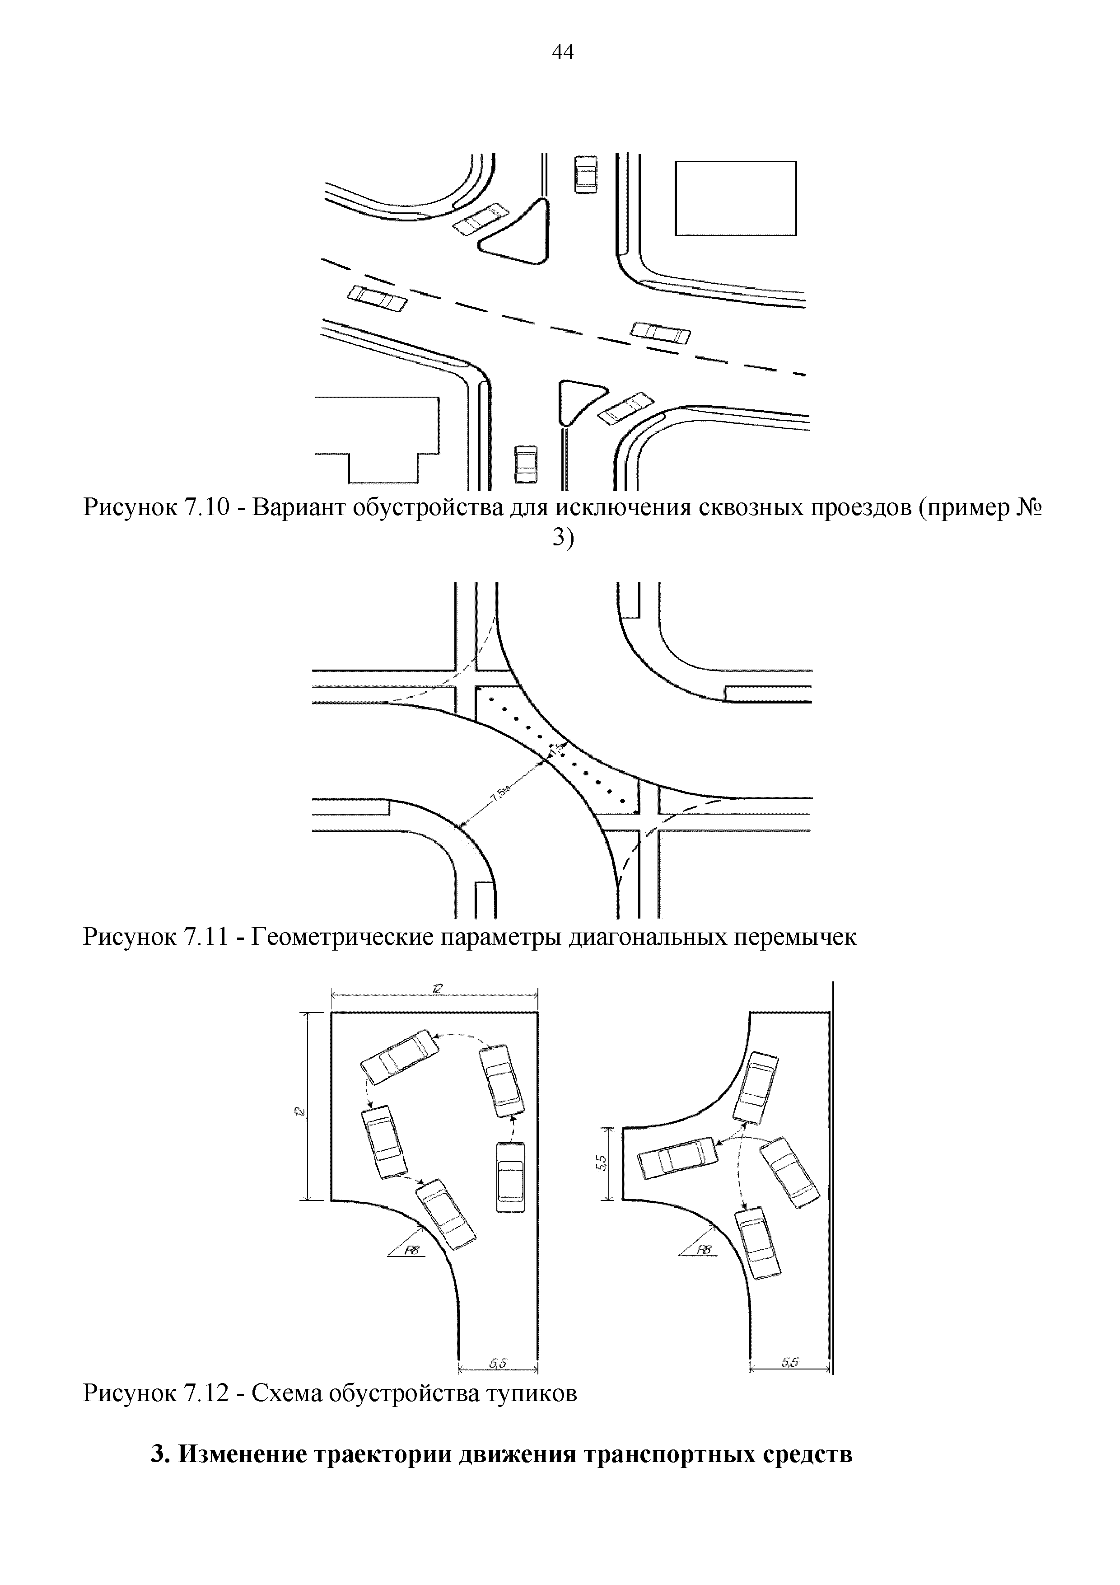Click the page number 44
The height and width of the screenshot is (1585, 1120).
click(562, 52)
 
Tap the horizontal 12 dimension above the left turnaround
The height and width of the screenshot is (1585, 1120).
click(437, 989)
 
